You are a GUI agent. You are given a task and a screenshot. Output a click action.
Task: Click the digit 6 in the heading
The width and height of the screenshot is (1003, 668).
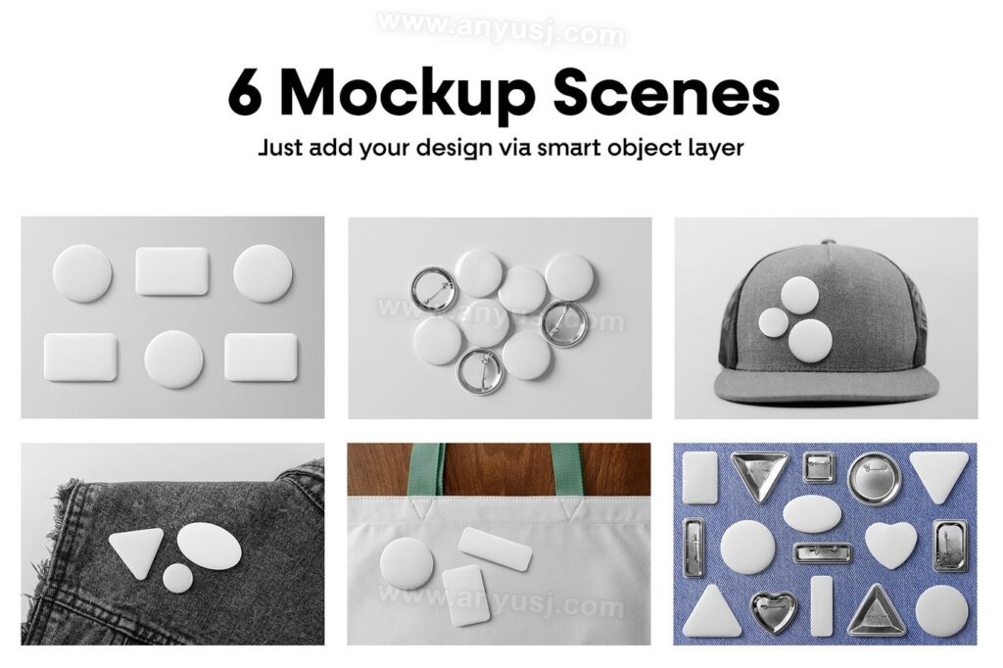246,93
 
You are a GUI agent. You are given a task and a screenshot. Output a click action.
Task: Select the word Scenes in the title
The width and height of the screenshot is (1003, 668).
666,93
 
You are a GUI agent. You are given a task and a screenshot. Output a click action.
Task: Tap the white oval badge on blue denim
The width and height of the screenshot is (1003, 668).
812,514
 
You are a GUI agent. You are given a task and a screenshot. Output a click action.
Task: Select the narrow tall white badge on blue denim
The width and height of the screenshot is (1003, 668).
822,606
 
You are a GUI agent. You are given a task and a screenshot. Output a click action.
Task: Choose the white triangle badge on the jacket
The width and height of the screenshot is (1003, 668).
133,550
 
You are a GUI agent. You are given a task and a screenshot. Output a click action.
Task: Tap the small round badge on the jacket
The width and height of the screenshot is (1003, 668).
177,578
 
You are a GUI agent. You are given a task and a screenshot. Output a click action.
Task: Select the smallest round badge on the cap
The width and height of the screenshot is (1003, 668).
774,322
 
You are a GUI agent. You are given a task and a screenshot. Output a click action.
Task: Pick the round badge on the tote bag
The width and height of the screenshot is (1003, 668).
406,562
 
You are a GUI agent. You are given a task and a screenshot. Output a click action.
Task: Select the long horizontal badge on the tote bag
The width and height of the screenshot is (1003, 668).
495,549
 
